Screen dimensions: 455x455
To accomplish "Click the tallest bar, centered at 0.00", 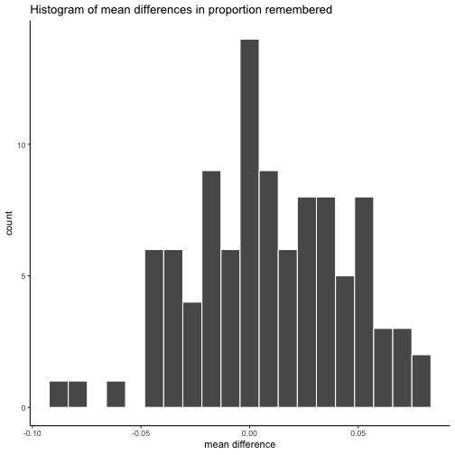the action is (x=249, y=223).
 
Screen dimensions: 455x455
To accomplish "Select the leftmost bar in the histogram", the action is (x=59, y=395).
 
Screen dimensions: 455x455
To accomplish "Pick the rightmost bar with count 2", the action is (x=422, y=381).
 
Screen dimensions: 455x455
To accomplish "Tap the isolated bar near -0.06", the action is (x=116, y=395).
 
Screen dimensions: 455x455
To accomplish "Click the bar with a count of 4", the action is (x=192, y=355).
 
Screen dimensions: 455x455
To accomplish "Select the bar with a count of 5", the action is (x=345, y=341).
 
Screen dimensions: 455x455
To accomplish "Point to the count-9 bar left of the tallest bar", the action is (x=211, y=289).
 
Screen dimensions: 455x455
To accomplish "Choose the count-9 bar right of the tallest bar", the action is (x=269, y=289).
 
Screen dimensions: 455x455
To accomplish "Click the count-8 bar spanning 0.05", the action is (x=364, y=302).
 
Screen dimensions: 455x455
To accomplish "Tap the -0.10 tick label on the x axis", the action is (x=32, y=433).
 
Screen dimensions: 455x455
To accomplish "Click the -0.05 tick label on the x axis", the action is (x=141, y=433).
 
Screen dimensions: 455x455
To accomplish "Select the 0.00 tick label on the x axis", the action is (x=249, y=433).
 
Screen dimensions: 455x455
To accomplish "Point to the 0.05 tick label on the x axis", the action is (x=358, y=433).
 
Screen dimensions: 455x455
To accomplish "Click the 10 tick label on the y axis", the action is (x=22, y=145).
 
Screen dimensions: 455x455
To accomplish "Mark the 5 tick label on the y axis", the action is (x=23, y=276).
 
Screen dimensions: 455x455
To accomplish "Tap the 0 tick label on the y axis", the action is (x=23, y=407).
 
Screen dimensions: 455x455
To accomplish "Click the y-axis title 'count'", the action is (x=9, y=223).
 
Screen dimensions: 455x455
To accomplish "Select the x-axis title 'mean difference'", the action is (x=240, y=444).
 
